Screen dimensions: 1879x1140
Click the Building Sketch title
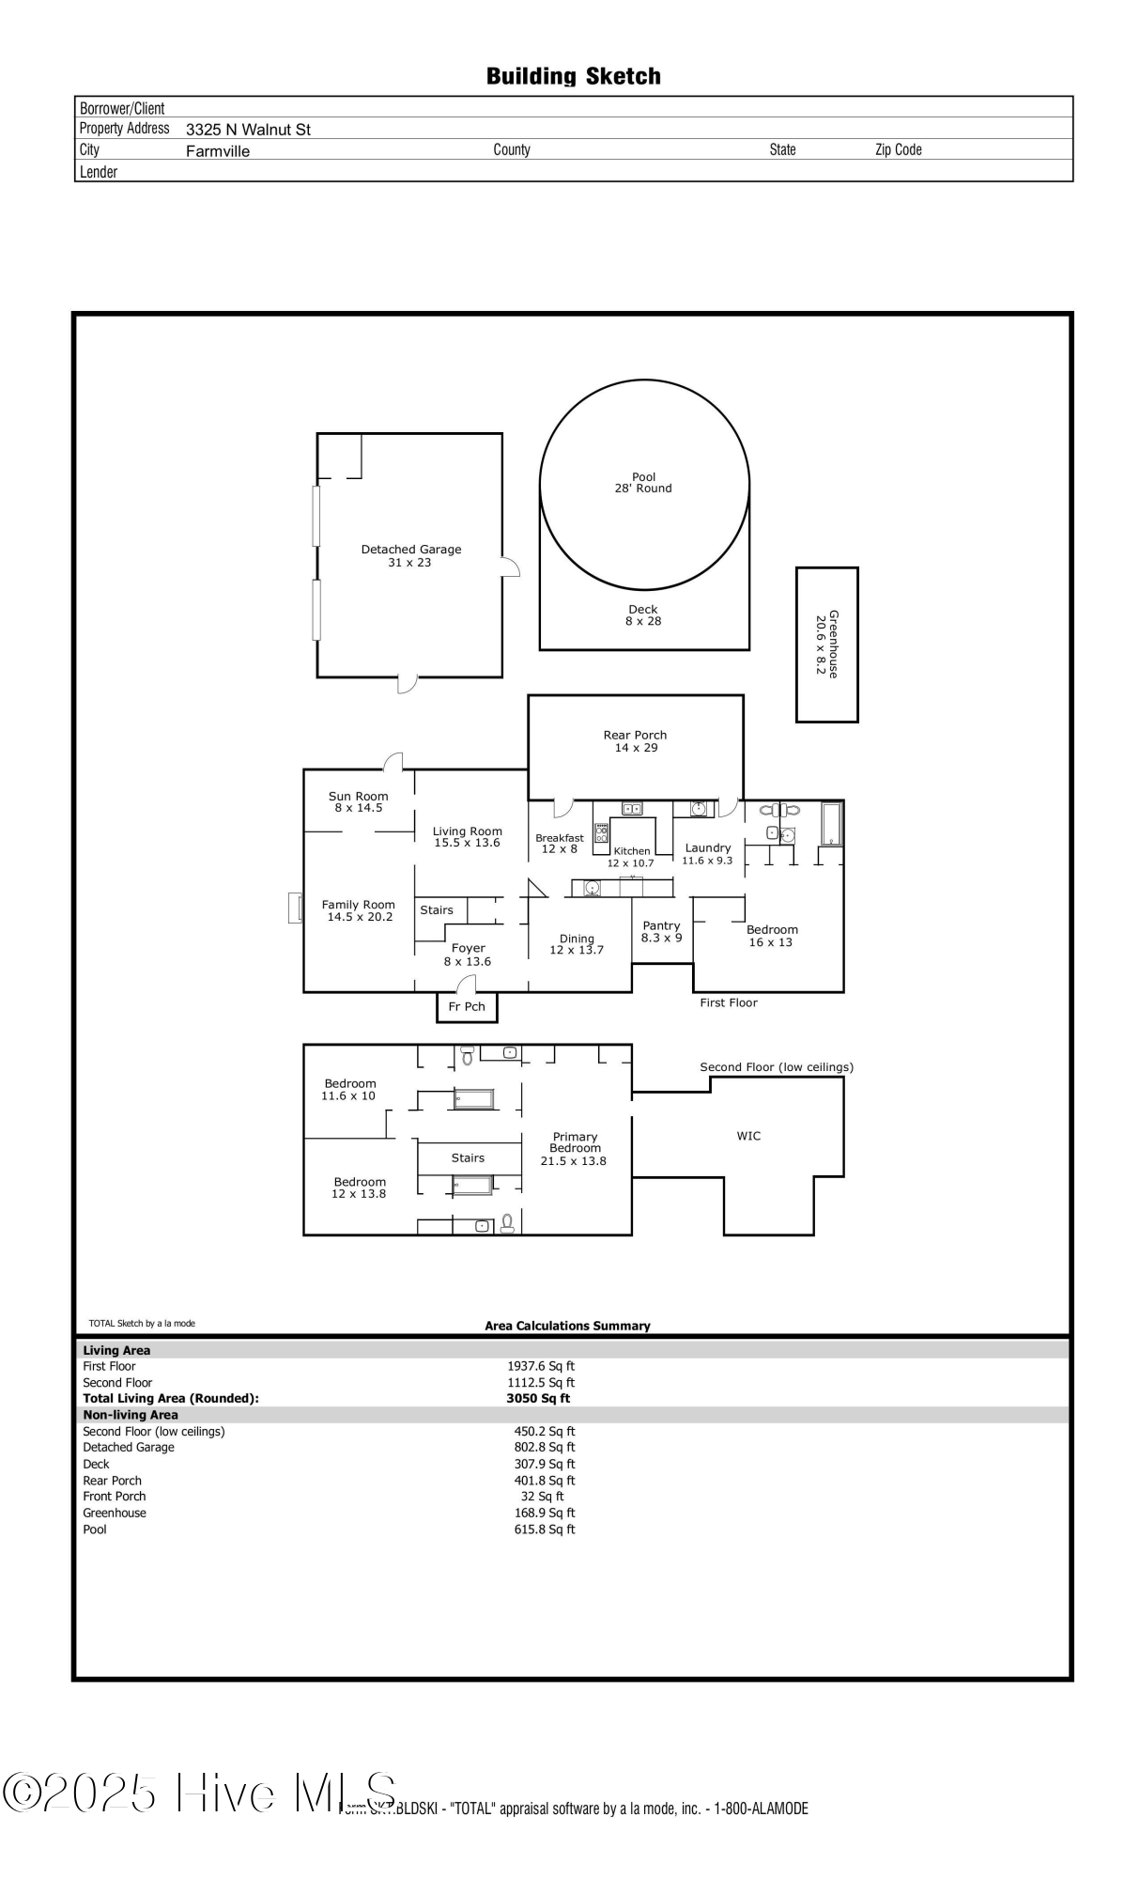tap(573, 76)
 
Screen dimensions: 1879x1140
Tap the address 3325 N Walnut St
tap(248, 130)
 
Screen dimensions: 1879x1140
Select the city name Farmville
tap(218, 151)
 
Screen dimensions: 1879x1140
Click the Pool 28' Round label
tap(643, 483)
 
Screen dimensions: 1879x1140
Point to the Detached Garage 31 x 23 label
tap(410, 555)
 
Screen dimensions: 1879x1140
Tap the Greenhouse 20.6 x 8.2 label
tap(826, 644)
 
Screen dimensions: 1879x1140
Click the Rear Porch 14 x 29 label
tap(636, 741)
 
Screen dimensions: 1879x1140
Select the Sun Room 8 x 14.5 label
tap(358, 801)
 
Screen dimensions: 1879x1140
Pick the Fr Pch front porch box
tap(467, 1007)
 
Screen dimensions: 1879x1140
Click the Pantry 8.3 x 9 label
tap(661, 931)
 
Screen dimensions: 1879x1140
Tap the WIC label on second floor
tap(748, 1136)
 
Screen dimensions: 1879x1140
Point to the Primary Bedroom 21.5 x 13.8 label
tap(574, 1149)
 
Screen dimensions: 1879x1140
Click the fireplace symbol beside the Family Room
tap(295, 908)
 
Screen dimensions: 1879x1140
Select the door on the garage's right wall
tap(510, 567)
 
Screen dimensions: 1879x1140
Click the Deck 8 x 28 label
tap(643, 615)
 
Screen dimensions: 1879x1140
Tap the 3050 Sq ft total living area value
tap(538, 1398)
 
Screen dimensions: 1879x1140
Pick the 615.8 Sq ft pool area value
tap(545, 1530)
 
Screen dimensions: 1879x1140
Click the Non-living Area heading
tap(131, 1415)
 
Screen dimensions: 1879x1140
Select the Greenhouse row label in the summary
tap(115, 1513)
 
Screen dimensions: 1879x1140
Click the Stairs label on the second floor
tap(468, 1158)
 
